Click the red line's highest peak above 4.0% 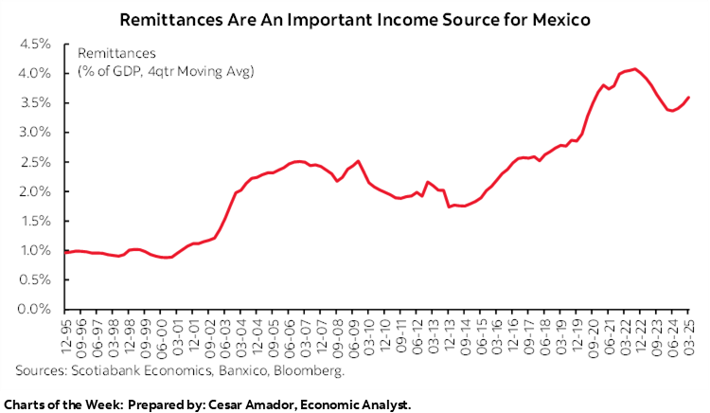pyautogui.click(x=634, y=68)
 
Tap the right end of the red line pyautogui.click(x=688, y=97)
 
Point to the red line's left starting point pyautogui.click(x=65, y=252)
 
